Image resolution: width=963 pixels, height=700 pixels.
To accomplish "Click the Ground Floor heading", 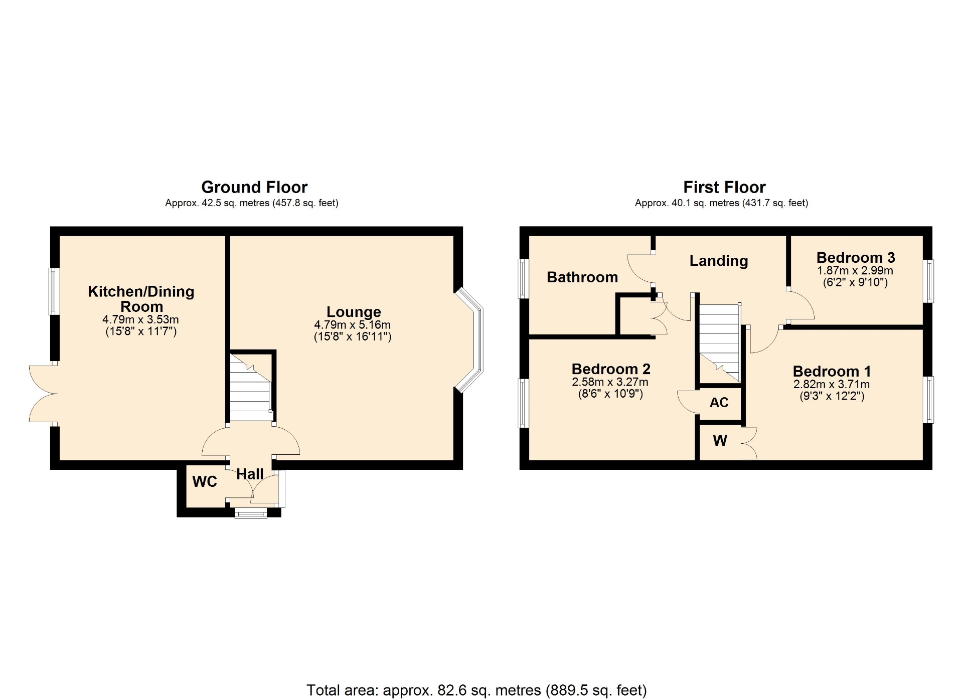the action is (254, 187).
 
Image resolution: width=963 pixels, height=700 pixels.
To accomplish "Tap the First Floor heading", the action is (724, 187).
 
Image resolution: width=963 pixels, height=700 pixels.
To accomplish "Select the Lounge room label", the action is (354, 312).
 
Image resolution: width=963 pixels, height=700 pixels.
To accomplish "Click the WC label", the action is (205, 481).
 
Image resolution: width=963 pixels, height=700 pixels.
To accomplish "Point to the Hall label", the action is (250, 474).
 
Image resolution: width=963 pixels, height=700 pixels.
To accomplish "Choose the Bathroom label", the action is (582, 277).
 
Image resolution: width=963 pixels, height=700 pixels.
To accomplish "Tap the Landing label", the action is (719, 261).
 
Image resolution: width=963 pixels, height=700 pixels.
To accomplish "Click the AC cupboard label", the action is (719, 402).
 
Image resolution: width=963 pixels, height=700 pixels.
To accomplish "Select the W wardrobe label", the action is (720, 440).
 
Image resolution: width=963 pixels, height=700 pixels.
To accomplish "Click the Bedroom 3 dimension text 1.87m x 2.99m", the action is (855, 271).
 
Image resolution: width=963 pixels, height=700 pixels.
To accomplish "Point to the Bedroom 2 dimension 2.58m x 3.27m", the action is (610, 382).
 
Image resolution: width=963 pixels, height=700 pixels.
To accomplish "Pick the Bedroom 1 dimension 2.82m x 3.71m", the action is (832, 385).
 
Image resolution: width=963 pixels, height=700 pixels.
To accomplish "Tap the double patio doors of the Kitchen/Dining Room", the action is (43, 394).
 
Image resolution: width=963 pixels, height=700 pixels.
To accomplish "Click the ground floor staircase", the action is (251, 387).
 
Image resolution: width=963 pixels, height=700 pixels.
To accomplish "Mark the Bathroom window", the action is (524, 279).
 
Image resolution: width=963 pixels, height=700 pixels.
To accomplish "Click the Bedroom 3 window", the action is (928, 281).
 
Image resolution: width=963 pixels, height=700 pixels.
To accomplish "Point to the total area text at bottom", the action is (476, 690).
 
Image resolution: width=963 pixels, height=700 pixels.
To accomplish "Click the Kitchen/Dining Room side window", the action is (54, 291).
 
